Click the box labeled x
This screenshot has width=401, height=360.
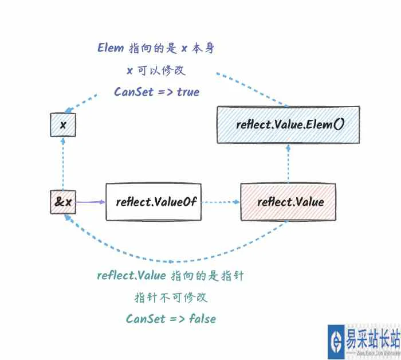pos(62,125)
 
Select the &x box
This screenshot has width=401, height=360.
pos(62,202)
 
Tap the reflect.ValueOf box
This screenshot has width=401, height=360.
pos(154,202)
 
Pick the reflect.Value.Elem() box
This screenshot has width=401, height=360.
pos(288,124)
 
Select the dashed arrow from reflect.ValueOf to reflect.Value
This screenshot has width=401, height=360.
pos(222,202)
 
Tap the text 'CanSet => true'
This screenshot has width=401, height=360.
pos(156,92)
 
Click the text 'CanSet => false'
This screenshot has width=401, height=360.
pos(171,318)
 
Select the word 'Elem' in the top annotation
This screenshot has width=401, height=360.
pos(111,48)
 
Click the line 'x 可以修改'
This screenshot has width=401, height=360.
pos(156,70)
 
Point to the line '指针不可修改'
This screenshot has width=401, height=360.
pos(171,298)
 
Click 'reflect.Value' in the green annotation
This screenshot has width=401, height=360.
pos(132,275)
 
